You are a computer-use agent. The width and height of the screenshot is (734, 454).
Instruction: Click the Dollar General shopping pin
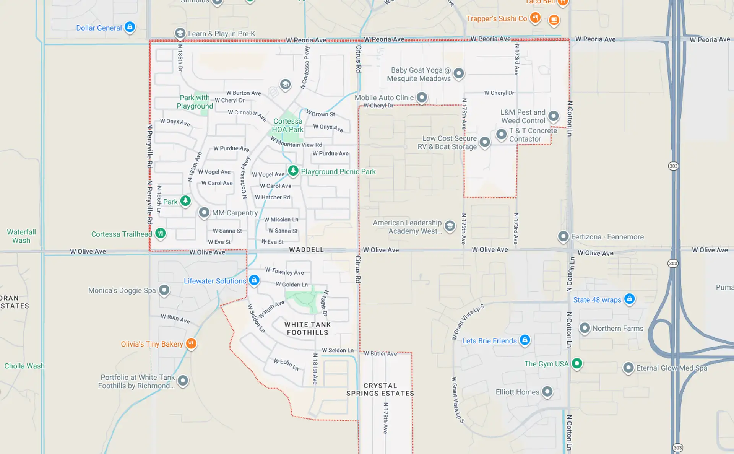point(130,27)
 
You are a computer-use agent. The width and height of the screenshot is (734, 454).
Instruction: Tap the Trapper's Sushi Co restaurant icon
point(535,18)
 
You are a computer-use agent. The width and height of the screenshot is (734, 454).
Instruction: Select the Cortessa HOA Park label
point(288,125)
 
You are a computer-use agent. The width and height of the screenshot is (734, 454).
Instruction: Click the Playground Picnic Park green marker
point(293,171)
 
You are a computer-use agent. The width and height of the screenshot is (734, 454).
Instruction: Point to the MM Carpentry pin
point(204,212)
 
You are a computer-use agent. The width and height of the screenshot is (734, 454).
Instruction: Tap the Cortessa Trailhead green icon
point(161,233)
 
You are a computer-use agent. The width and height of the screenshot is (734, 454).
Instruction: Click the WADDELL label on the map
point(306,250)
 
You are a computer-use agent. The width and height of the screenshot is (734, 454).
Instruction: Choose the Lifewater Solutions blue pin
point(254,280)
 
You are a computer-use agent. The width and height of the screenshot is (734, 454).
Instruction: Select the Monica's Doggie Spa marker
point(164,290)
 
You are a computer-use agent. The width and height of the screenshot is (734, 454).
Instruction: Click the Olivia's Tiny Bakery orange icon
point(191,343)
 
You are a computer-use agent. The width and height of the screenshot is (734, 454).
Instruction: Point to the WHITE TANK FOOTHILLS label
point(307,329)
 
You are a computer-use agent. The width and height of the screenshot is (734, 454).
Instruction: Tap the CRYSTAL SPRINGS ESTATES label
point(380,389)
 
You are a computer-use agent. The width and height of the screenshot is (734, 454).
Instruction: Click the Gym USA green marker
point(577,363)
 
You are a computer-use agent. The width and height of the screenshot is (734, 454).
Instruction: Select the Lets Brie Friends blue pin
point(525,340)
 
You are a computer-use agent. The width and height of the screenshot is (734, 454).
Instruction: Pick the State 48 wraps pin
point(630,299)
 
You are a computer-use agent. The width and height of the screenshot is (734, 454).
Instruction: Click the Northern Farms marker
point(585,328)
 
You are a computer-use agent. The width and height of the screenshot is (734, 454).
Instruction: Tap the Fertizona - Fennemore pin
point(563,236)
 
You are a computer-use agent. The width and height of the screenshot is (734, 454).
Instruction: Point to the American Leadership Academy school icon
point(450,226)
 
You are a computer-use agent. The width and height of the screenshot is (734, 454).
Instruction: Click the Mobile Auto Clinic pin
point(422,97)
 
